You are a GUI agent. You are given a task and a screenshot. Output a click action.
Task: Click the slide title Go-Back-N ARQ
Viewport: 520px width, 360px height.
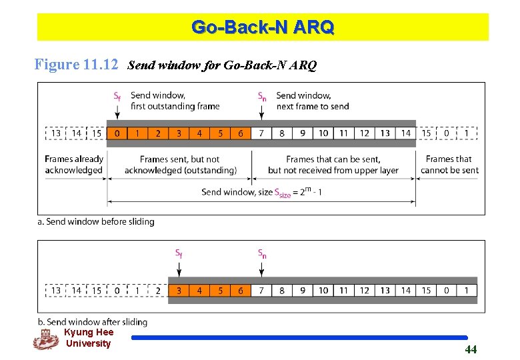[x=263, y=27]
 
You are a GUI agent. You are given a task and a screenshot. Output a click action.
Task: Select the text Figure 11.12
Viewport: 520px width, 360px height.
[x=77, y=65]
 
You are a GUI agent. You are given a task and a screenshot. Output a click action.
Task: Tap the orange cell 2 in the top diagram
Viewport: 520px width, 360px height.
[x=158, y=133]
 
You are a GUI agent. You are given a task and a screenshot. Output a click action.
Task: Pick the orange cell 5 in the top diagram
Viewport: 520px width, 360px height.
[x=220, y=133]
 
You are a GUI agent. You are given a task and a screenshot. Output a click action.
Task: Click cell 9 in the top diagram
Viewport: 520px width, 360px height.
[x=303, y=133]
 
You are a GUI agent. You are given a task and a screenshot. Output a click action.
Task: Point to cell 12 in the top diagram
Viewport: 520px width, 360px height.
[x=365, y=133]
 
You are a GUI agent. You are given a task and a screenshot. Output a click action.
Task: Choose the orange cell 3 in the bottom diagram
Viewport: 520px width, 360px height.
[x=179, y=291]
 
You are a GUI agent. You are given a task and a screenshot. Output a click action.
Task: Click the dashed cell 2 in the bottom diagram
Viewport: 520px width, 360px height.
[x=157, y=291]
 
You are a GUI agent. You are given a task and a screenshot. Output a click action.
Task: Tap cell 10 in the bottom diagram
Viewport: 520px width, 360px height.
[x=323, y=291]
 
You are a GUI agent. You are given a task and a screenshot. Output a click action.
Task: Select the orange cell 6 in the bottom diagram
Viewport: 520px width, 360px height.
[x=241, y=291]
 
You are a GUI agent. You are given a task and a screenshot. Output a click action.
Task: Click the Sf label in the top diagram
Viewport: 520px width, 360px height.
[x=117, y=97]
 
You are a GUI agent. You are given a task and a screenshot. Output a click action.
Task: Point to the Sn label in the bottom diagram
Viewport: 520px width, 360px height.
[x=262, y=253]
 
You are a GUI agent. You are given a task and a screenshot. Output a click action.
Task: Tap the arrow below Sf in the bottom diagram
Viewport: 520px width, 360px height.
[x=179, y=268]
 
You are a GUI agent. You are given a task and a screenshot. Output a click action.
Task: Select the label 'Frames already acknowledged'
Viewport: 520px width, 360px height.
[x=74, y=165]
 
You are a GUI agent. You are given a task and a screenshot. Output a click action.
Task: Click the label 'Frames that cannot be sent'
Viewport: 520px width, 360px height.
[x=449, y=165]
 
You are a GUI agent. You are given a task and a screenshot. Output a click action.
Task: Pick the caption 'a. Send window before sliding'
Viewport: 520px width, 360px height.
[x=96, y=221]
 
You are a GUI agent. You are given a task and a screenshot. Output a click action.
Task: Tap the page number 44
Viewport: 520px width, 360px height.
[x=471, y=349]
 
